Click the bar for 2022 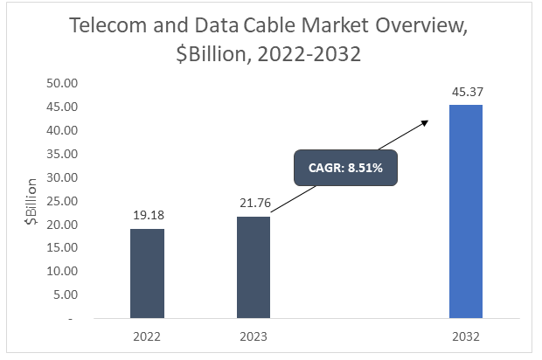click(x=147, y=273)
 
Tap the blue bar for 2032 click(x=465, y=211)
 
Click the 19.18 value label click(x=147, y=213)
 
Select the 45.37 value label click(x=465, y=90)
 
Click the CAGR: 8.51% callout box click(x=345, y=168)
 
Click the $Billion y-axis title click(x=31, y=202)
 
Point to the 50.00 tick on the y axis click(x=62, y=84)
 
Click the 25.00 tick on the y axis click(x=62, y=201)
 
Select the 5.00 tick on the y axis click(x=66, y=295)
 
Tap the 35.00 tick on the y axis click(x=62, y=154)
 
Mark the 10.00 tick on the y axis click(x=62, y=272)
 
